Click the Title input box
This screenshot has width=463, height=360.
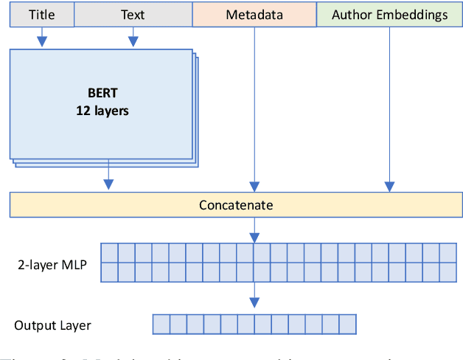pyautogui.click(x=42, y=14)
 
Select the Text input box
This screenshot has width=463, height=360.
pyautogui.click(x=133, y=14)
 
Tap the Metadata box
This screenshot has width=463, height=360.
pyautogui.click(x=254, y=14)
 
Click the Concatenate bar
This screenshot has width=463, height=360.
pyautogui.click(x=235, y=204)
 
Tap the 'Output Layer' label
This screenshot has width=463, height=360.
pyautogui.click(x=52, y=325)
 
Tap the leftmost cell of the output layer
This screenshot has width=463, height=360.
pyautogui.click(x=161, y=324)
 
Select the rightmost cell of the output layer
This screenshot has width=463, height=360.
pyautogui.click(x=347, y=324)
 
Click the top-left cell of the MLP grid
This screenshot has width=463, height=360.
pyautogui.click(x=108, y=252)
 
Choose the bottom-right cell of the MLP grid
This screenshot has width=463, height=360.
pyautogui.click(x=448, y=271)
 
